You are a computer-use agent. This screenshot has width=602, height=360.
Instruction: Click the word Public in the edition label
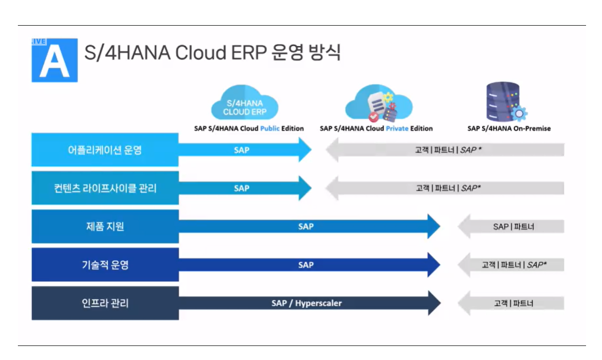270,129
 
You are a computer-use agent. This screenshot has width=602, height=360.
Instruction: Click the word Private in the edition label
397,129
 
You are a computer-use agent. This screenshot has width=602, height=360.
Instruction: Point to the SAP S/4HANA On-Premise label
509,129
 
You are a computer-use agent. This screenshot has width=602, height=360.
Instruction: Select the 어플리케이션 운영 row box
105,150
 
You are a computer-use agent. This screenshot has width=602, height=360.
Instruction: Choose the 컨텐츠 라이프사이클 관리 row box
105,188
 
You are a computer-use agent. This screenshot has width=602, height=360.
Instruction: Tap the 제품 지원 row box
105,226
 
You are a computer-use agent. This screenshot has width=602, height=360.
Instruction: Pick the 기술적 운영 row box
105,265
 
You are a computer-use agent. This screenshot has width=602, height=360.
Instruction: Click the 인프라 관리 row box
105,303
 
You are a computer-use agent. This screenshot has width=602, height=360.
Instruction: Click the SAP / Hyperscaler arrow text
307,303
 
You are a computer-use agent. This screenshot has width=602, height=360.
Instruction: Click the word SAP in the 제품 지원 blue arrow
306,226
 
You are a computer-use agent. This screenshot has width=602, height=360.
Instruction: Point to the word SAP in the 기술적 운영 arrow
306,265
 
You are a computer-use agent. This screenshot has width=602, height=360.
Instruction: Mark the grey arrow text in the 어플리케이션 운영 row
448,150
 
